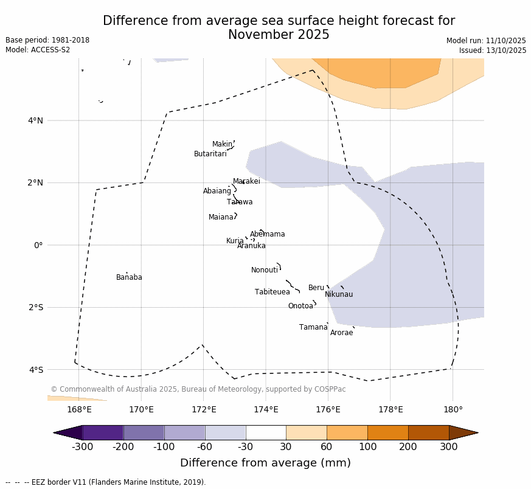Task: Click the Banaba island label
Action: [x=129, y=277]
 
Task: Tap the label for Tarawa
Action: [x=240, y=202]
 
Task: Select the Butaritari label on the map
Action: [x=210, y=154]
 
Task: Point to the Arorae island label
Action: [x=341, y=333]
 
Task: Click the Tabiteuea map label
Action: [x=272, y=292]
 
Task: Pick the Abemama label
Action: [x=267, y=234]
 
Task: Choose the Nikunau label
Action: [x=338, y=294]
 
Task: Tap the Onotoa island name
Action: [x=300, y=306]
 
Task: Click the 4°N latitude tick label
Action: [x=35, y=120]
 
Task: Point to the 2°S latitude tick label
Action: [x=35, y=307]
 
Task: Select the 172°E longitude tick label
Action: [x=203, y=409]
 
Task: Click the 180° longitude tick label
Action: [x=453, y=409]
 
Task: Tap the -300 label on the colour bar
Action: [x=82, y=448]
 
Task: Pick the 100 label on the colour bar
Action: [x=367, y=448]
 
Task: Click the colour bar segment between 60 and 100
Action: [x=347, y=432]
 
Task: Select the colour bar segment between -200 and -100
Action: [x=144, y=432]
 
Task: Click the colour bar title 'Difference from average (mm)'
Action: [x=265, y=463]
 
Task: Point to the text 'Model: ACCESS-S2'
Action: [x=38, y=50]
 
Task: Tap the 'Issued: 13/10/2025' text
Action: [x=493, y=50]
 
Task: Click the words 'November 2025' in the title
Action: [x=279, y=35]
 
